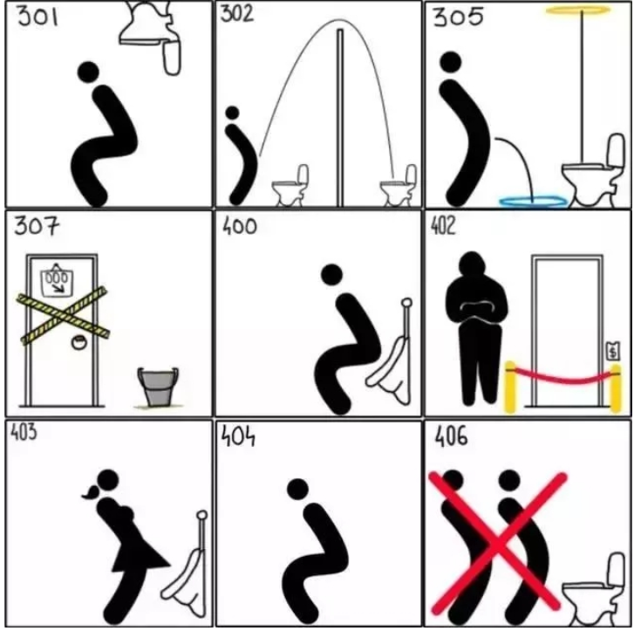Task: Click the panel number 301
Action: (x=37, y=17)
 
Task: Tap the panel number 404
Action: (x=238, y=436)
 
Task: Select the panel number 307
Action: (x=37, y=226)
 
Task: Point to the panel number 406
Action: (x=451, y=436)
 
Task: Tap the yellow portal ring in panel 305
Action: (x=578, y=9)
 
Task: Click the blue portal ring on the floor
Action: (x=534, y=201)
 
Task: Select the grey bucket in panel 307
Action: (x=158, y=386)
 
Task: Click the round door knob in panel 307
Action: (x=78, y=342)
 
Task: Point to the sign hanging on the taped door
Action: (x=57, y=279)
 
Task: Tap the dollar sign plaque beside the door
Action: (x=613, y=351)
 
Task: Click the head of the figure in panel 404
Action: (x=298, y=489)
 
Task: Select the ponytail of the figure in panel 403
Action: (x=91, y=492)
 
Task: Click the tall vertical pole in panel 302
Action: (x=340, y=117)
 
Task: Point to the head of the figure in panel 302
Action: (x=232, y=113)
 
